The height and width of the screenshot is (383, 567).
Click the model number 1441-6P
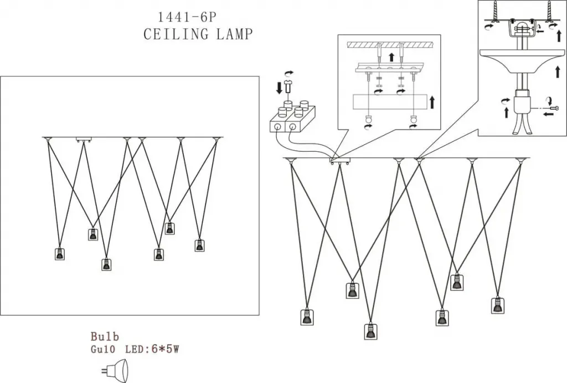187,17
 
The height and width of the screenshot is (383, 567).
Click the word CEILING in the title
176,34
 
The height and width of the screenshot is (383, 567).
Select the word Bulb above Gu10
105,336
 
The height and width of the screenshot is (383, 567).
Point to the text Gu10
102,349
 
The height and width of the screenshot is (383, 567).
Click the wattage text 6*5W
165,349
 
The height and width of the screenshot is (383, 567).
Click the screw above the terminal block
288,87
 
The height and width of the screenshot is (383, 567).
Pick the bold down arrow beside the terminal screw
279,88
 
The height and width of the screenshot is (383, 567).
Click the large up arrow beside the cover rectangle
432,102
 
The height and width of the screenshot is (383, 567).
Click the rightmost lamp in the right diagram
498,305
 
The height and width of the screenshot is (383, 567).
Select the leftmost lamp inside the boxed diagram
60,253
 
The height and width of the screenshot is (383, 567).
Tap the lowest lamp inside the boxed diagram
106,264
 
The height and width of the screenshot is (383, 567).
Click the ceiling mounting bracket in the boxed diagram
84,139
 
